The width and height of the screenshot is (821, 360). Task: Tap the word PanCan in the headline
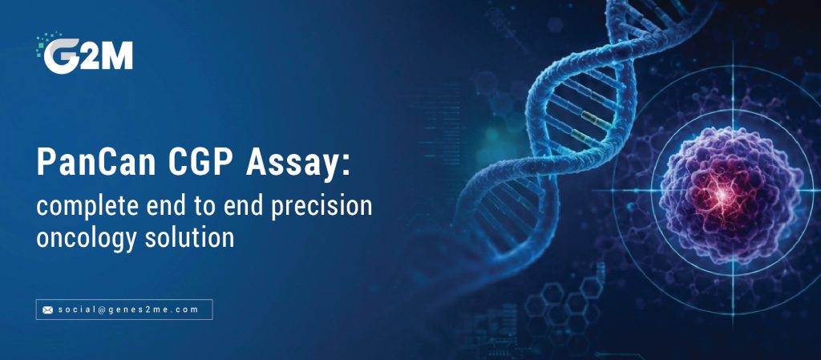(x=96, y=162)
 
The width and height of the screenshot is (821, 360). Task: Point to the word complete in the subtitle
(x=83, y=206)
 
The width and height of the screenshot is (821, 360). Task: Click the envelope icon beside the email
(x=47, y=309)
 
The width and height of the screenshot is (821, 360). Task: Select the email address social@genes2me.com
(x=128, y=309)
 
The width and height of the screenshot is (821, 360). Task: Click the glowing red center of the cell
(x=723, y=194)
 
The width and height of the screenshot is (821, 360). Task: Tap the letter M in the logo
(x=116, y=56)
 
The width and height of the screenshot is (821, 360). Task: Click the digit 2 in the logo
(x=88, y=56)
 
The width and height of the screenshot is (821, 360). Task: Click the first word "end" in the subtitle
(x=160, y=206)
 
